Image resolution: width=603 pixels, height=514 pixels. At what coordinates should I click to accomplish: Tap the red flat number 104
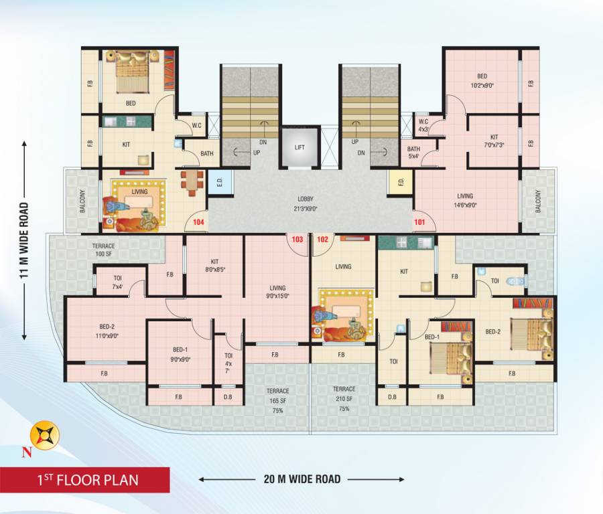[198, 222]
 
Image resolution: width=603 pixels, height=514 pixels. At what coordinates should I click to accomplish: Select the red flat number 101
[419, 222]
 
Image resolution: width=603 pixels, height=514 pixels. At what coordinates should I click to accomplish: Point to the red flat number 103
[297, 239]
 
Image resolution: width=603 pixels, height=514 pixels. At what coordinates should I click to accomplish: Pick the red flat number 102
[322, 239]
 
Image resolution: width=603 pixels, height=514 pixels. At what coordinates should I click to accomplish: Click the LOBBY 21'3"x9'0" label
[306, 203]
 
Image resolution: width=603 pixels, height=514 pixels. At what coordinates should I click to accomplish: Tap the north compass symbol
[46, 435]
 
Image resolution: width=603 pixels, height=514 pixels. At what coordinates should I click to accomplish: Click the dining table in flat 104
[192, 182]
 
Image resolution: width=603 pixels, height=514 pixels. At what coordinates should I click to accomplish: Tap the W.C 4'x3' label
[423, 125]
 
